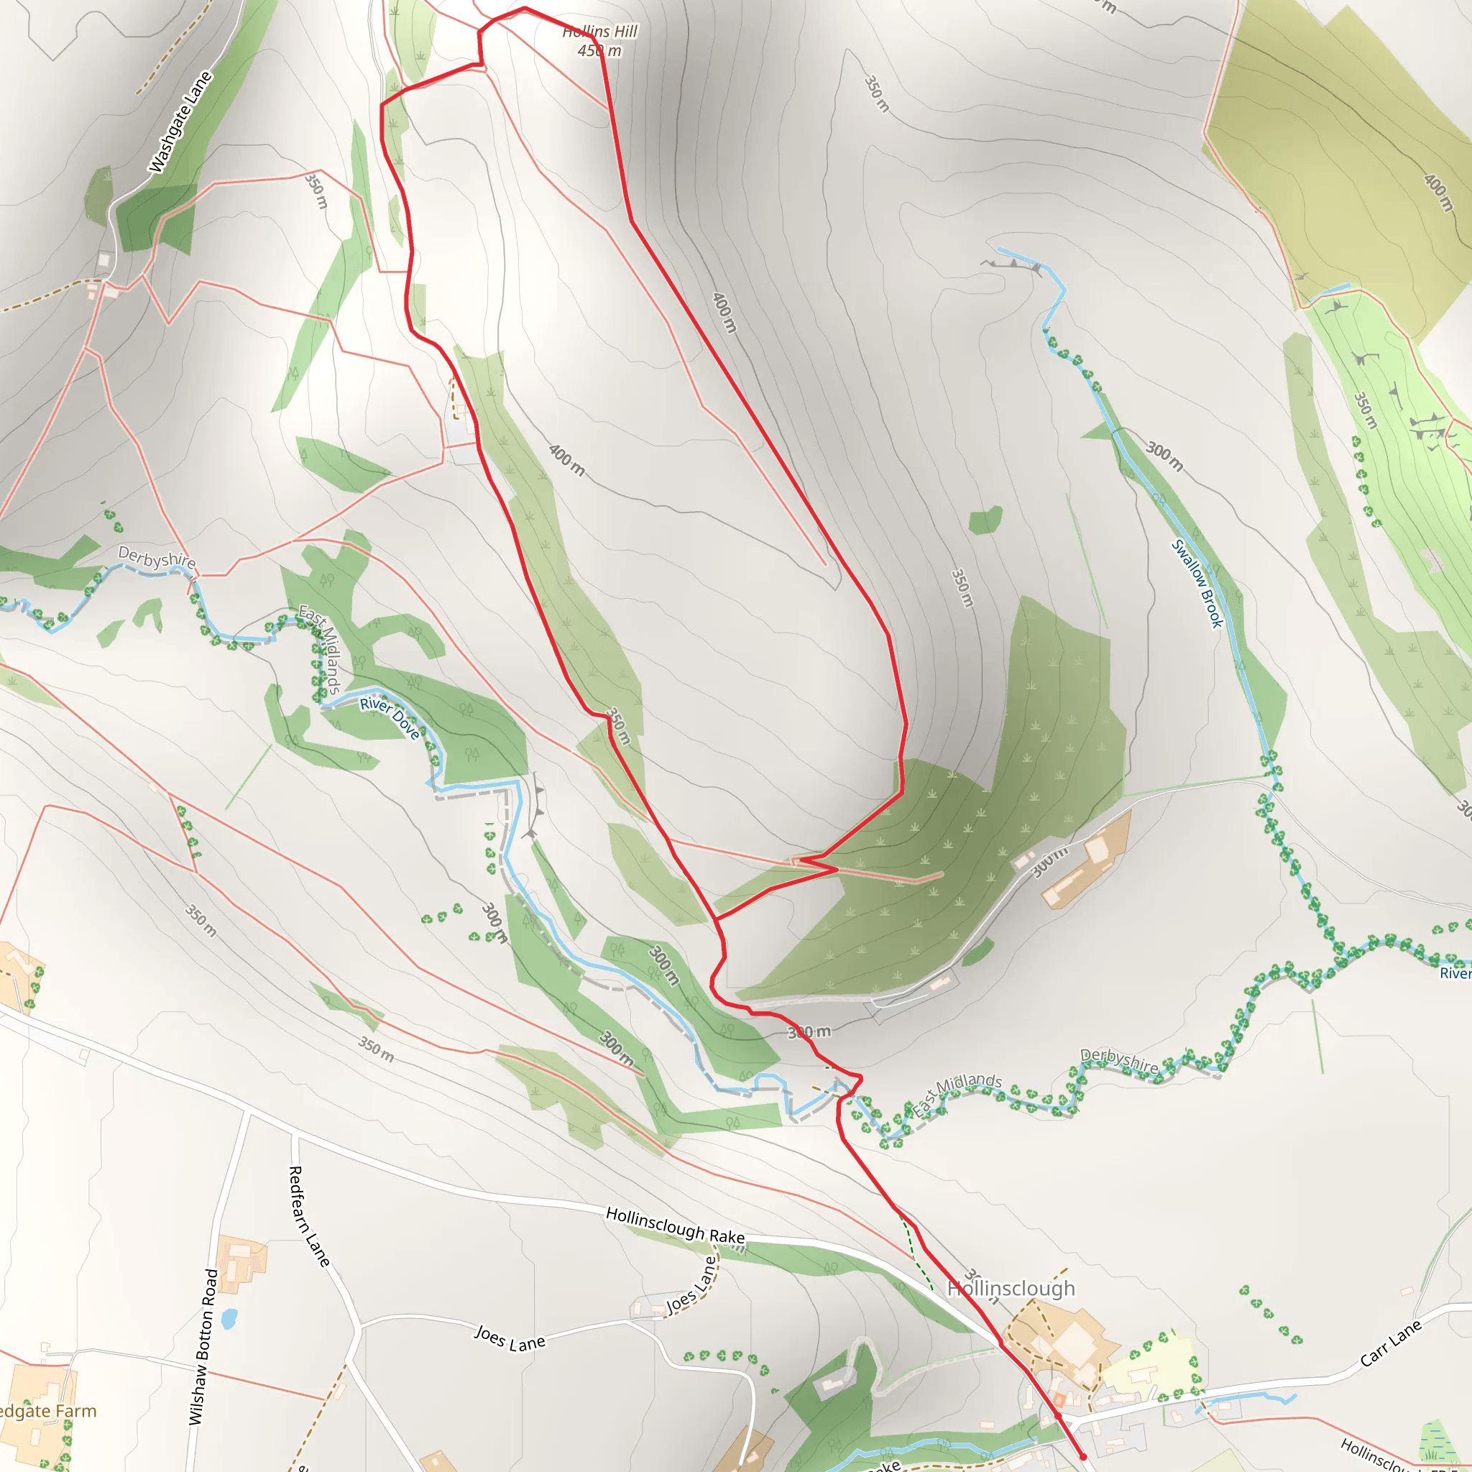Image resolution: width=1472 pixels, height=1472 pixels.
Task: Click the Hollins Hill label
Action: pos(599,31)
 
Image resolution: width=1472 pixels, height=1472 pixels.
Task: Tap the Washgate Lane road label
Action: pos(180,122)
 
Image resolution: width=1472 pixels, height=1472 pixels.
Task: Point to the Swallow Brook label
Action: pos(1197,584)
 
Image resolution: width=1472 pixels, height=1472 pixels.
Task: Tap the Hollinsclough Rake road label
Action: pos(675,1224)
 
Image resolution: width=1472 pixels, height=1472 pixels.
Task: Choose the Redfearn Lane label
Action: pos(309,1217)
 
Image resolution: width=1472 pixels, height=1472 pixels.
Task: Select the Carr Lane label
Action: pos(1391,1343)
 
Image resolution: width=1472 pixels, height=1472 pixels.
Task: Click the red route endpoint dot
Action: pos(1082,1456)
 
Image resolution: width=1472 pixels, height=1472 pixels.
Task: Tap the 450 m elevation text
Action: pos(599,51)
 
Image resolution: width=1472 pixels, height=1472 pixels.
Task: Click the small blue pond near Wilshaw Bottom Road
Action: pos(229,1317)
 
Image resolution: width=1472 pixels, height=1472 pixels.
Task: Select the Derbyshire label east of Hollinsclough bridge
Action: pos(1119,1062)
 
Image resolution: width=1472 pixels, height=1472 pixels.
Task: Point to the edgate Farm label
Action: pos(47,1411)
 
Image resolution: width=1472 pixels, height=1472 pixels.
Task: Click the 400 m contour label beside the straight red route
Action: pos(724,313)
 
